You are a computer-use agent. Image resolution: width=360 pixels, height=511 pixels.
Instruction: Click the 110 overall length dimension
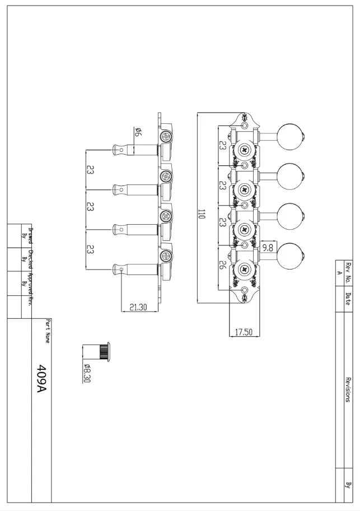(x=202, y=213)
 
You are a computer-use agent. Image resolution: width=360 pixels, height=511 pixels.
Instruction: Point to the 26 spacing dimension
(x=222, y=265)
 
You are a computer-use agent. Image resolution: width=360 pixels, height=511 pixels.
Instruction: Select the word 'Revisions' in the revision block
(x=348, y=389)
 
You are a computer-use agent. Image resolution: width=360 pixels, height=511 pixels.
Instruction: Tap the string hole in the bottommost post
(x=122, y=271)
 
